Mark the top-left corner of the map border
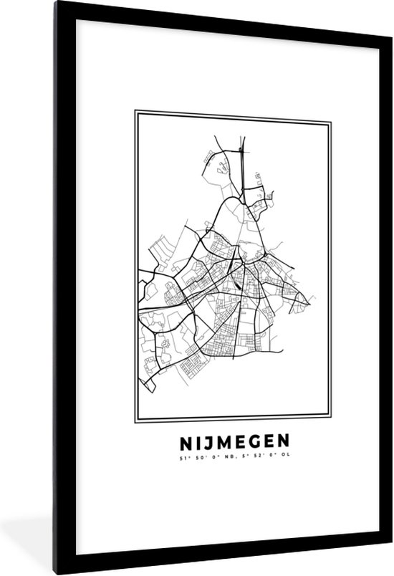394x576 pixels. click(x=135, y=111)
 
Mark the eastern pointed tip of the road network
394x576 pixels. click(x=313, y=294)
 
